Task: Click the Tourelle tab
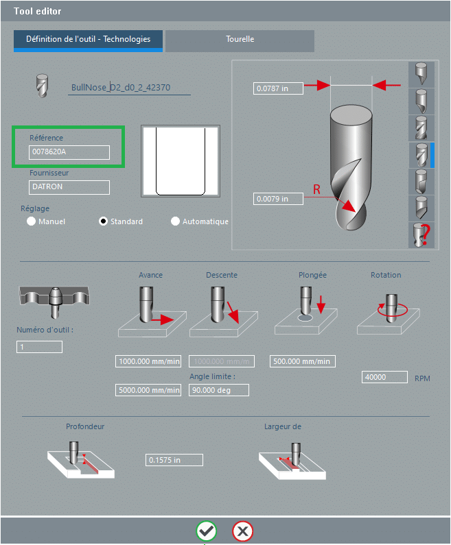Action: point(240,40)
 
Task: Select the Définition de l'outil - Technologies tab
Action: point(88,40)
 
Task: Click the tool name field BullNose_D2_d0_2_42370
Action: point(129,88)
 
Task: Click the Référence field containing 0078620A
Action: point(69,152)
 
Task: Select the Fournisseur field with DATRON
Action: point(69,186)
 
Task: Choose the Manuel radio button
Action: point(31,221)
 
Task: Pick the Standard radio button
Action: point(104,221)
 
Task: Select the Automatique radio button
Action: point(175,221)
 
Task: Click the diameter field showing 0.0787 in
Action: point(278,88)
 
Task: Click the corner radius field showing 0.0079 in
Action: point(278,199)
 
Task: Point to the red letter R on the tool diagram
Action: point(316,190)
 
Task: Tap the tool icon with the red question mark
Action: point(419,235)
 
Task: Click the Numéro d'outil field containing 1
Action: point(39,347)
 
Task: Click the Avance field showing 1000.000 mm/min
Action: point(148,361)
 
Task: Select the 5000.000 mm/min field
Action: point(148,390)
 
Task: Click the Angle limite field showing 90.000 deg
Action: point(218,390)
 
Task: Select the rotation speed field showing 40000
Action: point(384,377)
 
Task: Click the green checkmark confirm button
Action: point(206,531)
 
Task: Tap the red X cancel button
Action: point(242,531)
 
